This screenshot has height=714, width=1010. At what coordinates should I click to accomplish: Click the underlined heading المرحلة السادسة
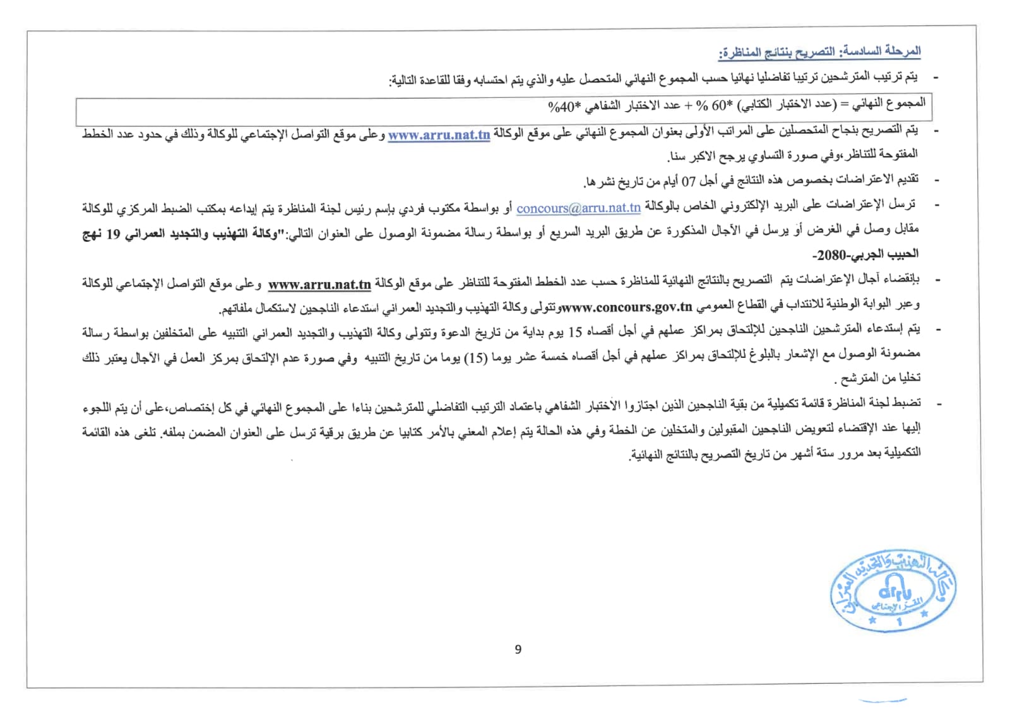pos(819,52)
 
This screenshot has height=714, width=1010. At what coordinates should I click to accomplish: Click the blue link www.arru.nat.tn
pos(439,135)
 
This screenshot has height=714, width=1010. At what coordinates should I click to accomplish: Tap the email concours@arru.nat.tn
pos(578,208)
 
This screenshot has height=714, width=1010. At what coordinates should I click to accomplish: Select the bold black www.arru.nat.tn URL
pos(319,285)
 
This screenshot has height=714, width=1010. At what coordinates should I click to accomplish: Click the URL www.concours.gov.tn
pos(627,307)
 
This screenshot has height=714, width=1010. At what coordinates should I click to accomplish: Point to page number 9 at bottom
pos(518,650)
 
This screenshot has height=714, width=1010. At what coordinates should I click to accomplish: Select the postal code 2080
pos(831,255)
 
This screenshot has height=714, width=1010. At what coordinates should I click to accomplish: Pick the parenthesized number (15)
pos(475,358)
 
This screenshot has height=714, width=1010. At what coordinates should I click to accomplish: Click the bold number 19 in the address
pos(113,234)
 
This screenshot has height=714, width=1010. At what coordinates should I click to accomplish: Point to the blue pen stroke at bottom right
pos(882,700)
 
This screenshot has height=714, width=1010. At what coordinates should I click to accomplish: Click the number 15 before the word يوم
pos(575,332)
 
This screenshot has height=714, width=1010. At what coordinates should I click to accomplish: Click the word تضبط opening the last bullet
pos(906,403)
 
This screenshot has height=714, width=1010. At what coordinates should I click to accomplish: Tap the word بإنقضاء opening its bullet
pos(903,279)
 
